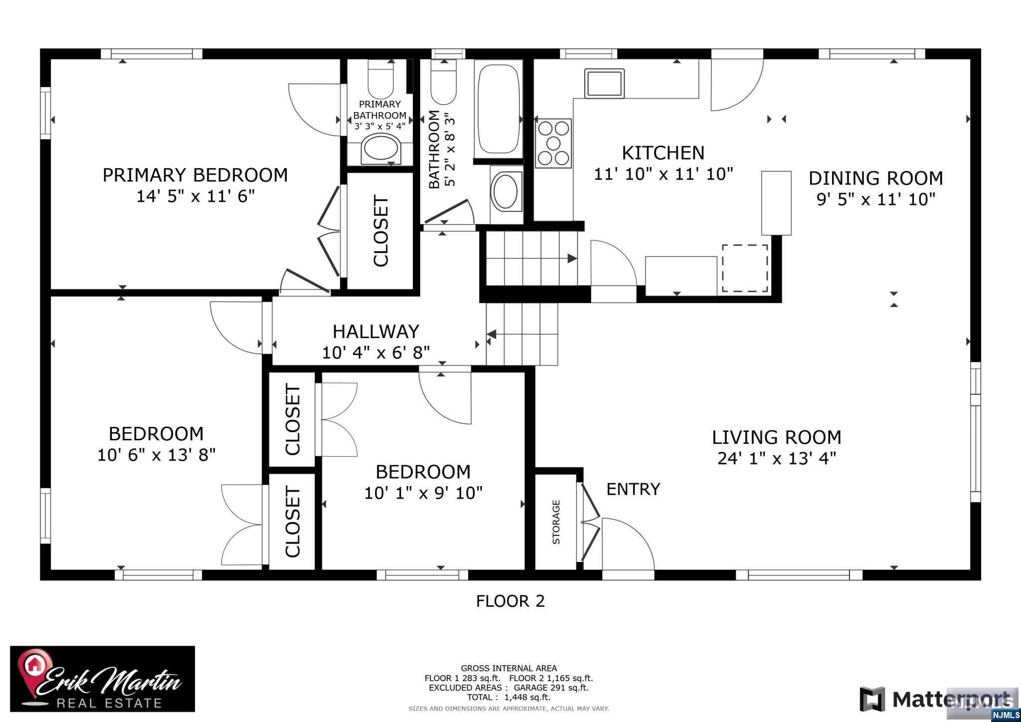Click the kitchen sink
(604, 83)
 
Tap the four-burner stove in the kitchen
(553, 143)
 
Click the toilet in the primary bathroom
(380, 79)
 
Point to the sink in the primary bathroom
(381, 148)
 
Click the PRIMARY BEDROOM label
(195, 175)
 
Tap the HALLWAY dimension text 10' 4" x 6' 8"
(375, 353)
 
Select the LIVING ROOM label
(776, 437)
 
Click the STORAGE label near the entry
(556, 522)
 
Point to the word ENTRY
(633, 489)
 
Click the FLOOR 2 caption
(510, 601)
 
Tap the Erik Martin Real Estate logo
(103, 679)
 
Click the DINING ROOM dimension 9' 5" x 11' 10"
(875, 199)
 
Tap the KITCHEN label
(663, 153)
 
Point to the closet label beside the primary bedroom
(380, 231)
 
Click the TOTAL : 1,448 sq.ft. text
(509, 697)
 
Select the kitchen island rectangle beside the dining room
(776, 203)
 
